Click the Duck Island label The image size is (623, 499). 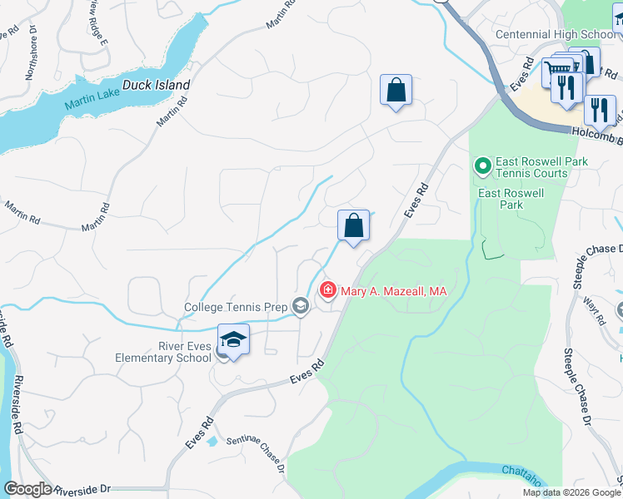[x=157, y=85]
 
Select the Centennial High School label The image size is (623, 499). [x=556, y=34]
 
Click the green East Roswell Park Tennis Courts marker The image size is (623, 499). [x=481, y=167]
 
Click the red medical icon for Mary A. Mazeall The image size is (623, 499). [x=328, y=291]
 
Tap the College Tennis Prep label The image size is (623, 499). [x=236, y=308]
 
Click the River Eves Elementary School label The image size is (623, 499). [x=163, y=352]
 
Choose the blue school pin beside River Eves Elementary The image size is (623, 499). [x=234, y=341]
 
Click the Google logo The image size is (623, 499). [x=27, y=489]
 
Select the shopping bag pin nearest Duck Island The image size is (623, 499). [x=396, y=90]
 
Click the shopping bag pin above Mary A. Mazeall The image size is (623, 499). [x=353, y=225]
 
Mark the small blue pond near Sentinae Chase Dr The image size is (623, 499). [x=213, y=440]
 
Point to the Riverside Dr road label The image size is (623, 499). [x=81, y=489]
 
